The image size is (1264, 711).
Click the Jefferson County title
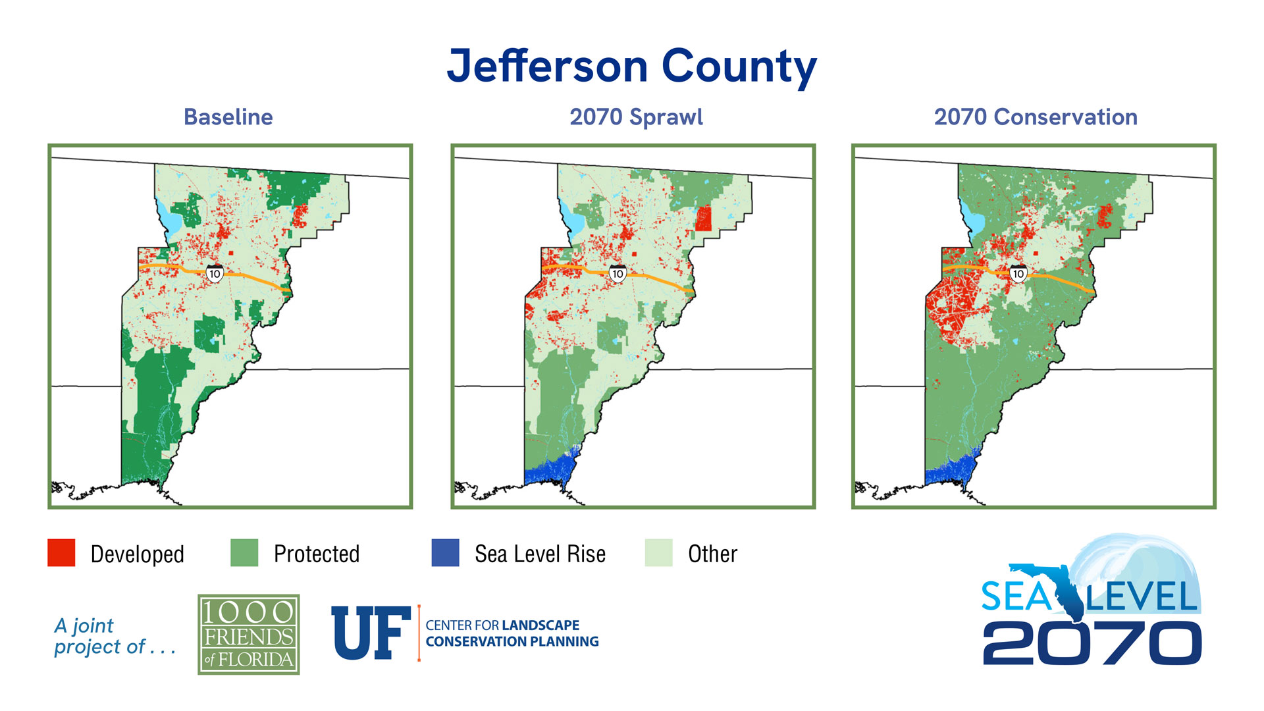pos(631,66)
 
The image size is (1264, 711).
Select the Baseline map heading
pos(228,117)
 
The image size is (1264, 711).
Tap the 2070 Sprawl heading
pos(636,117)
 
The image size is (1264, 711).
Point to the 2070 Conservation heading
pos(1035,117)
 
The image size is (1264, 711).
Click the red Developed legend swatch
pos(61,553)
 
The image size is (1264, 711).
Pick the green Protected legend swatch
pos(244,553)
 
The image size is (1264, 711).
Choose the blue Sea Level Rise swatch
pos(445,553)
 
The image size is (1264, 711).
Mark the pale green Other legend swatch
pos(658,553)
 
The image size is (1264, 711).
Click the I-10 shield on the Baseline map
pos(215,273)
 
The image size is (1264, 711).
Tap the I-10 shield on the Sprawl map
pos(617,273)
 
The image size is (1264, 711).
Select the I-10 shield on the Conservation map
pos(1018,273)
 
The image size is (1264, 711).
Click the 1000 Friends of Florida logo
pos(249,635)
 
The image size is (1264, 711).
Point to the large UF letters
pos(371,633)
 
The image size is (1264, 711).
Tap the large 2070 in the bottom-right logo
pos(1092,643)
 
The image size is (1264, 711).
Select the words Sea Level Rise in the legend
pos(540,554)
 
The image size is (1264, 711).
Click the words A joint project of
pos(113,636)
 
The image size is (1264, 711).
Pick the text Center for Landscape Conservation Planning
pos(512,633)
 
